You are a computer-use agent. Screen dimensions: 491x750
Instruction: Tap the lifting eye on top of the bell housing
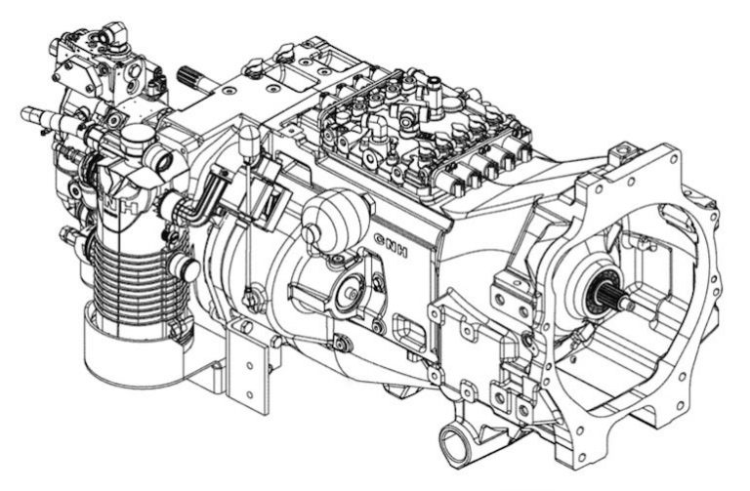pyautogui.click(x=619, y=154)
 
